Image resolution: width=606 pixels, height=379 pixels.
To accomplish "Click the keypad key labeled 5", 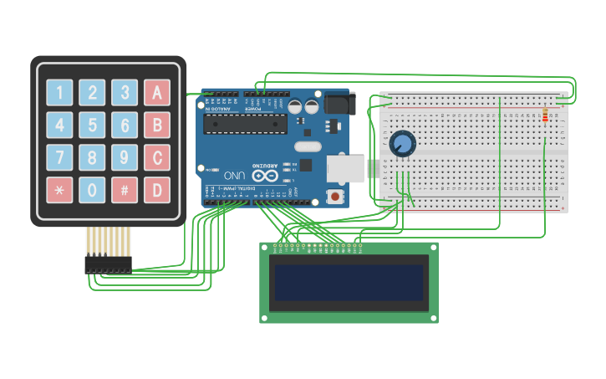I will pyautogui.click(x=92, y=125).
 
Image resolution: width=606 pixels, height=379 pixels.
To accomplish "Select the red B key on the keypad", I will pyautogui.click(x=156, y=125).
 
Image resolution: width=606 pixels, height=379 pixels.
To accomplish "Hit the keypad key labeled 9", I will pyautogui.click(x=125, y=157).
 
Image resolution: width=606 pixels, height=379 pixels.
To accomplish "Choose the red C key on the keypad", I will pyautogui.click(x=156, y=157).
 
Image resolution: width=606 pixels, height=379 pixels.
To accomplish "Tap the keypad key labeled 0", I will pyautogui.click(x=92, y=190).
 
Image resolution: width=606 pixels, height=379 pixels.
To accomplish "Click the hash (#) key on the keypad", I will pyautogui.click(x=125, y=190).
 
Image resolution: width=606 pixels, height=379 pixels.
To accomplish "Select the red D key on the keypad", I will pyautogui.click(x=156, y=190).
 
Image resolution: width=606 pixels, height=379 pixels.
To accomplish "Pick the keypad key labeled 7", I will pyautogui.click(x=59, y=157).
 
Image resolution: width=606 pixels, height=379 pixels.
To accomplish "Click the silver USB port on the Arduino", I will pyautogui.click(x=345, y=168).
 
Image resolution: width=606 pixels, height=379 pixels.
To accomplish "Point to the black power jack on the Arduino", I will pyautogui.click(x=339, y=104).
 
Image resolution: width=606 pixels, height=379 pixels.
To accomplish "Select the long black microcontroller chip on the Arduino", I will pyautogui.click(x=246, y=124).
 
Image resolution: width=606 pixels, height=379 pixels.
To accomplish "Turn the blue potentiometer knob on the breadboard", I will pyautogui.click(x=402, y=144).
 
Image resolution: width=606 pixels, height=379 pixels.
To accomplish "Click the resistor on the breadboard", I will pyautogui.click(x=546, y=115).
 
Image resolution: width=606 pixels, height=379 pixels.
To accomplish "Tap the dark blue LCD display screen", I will pyautogui.click(x=349, y=282).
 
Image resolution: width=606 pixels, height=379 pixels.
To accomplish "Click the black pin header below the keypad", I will pyautogui.click(x=108, y=264).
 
